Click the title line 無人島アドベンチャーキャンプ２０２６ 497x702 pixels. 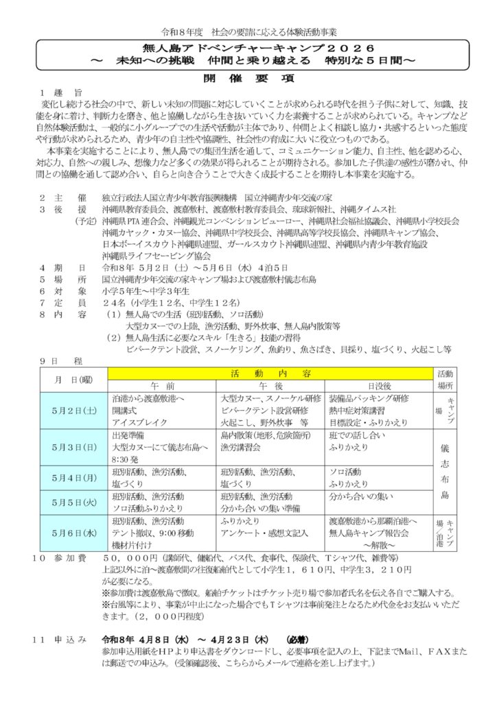pyautogui.click(x=248, y=48)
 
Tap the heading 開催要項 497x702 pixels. pyautogui.click(x=248, y=77)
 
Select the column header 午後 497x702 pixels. pyautogui.click(x=271, y=386)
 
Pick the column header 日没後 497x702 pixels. pyautogui.click(x=379, y=386)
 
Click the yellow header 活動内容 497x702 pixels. pyautogui.click(x=270, y=374)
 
